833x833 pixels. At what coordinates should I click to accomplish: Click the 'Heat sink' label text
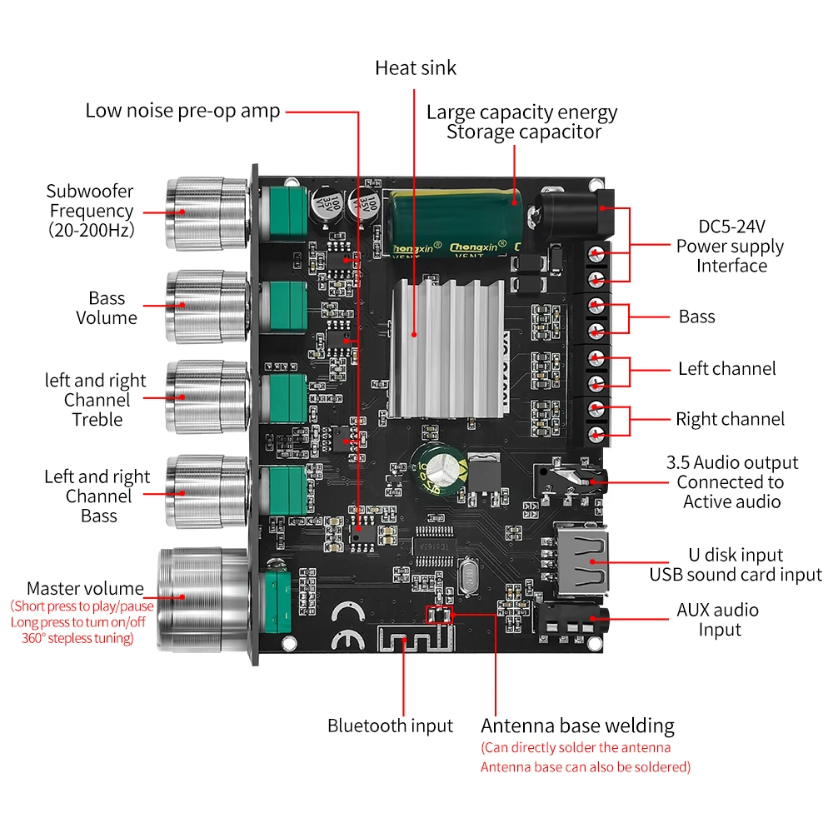click(416, 67)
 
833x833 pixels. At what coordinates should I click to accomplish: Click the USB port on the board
click(575, 562)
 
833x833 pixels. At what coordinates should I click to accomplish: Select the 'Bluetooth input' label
click(390, 726)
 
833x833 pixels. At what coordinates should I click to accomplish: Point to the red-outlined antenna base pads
click(439, 616)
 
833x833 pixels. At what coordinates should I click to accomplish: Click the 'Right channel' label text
click(730, 419)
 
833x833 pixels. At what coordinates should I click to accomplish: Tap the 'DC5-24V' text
click(731, 227)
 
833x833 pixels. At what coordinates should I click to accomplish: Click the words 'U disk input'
click(736, 555)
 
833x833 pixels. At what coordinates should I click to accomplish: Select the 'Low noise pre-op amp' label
click(182, 111)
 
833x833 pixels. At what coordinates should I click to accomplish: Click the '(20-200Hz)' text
click(91, 231)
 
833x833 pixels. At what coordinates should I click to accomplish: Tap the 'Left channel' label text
click(726, 368)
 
